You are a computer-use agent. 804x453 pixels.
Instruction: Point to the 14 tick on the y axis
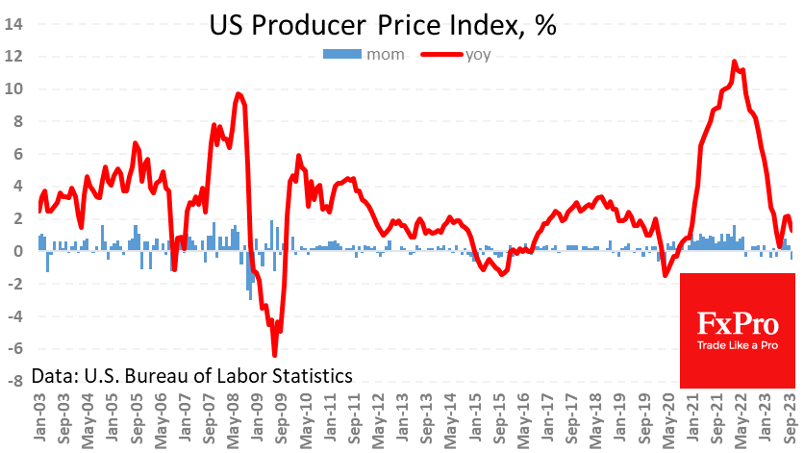pyautogui.click(x=15, y=24)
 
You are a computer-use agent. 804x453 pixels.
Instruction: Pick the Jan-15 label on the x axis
pyautogui.click(x=476, y=415)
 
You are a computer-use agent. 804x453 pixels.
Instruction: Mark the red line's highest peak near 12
pyautogui.click(x=734, y=62)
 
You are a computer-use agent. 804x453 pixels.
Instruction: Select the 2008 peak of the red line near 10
pyautogui.click(x=239, y=93)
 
